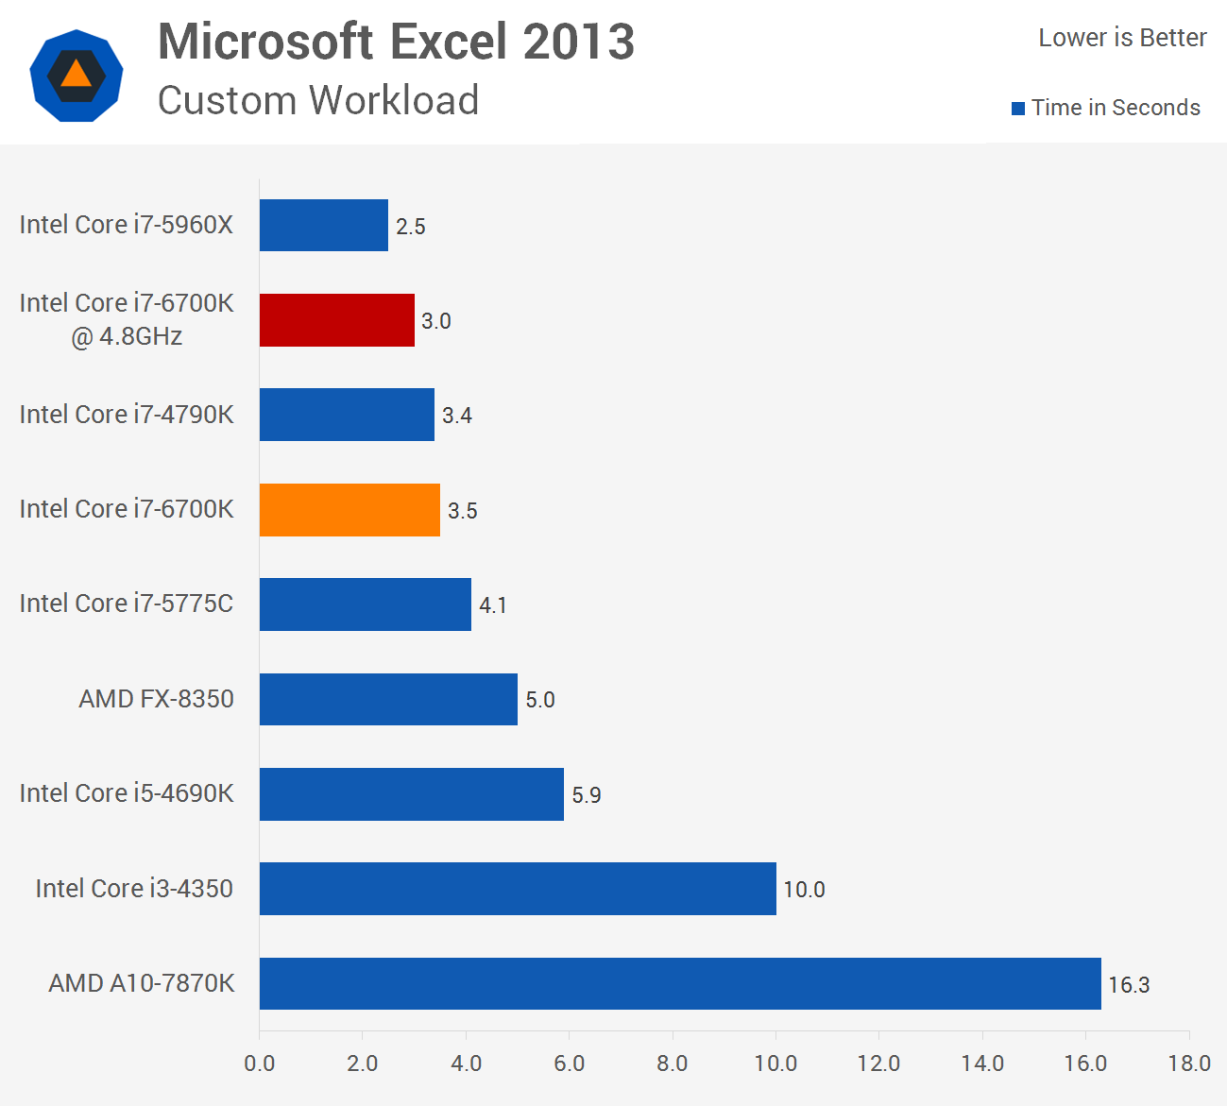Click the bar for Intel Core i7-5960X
(323, 225)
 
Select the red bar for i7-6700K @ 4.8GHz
(336, 320)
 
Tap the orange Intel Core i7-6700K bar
(349, 510)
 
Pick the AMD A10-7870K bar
(680, 983)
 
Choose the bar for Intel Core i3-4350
(518, 889)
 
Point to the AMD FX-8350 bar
(388, 699)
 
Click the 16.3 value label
(1129, 985)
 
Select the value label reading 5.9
(587, 795)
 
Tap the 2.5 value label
(411, 227)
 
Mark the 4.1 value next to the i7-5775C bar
(493, 605)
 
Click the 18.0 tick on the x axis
(1188, 1063)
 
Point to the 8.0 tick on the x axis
(672, 1063)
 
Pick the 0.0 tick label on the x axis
(259, 1063)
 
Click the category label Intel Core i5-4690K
(127, 793)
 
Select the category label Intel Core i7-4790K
(127, 415)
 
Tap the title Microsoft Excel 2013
(396, 42)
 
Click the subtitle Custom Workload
(318, 100)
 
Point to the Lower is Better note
(1122, 38)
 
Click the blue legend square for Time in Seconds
(1018, 109)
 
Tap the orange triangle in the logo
(76, 74)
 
